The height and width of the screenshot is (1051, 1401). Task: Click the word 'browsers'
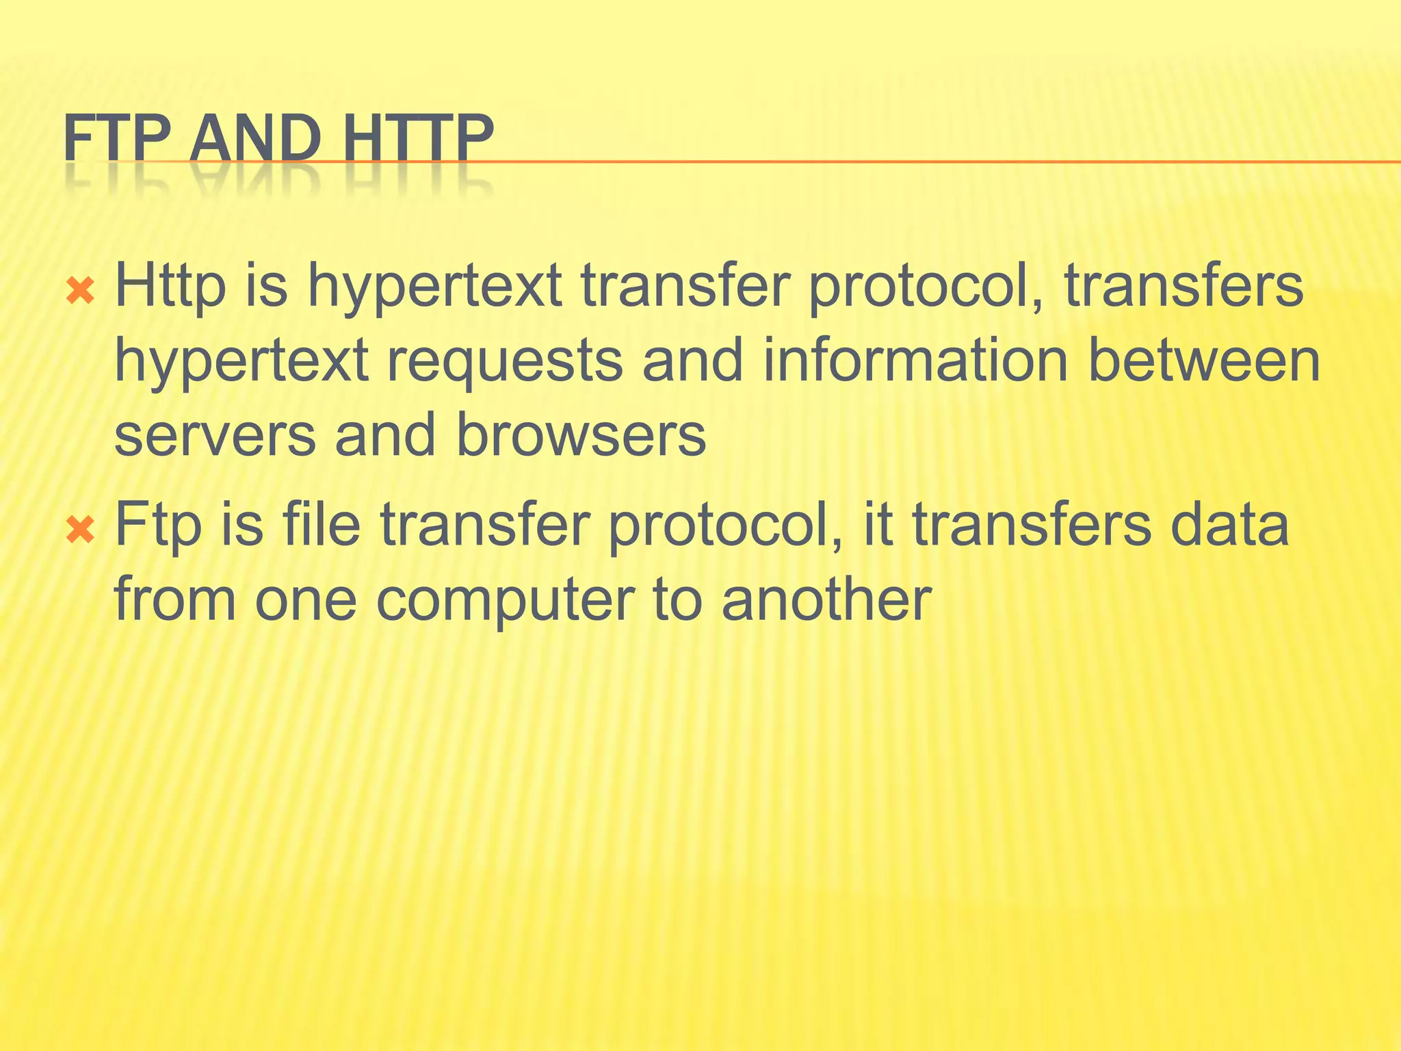581,435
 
